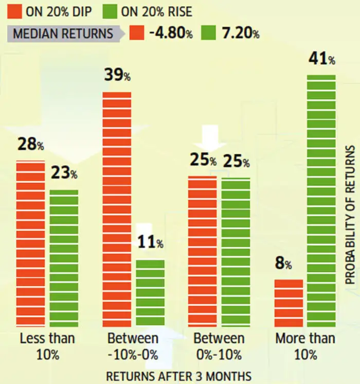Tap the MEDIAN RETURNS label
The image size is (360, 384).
pos(63,34)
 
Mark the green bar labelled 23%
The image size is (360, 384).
pos(64,257)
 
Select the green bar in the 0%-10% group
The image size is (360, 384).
pos(236,252)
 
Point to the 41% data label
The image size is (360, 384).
pos(321,59)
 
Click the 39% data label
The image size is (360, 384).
pos(117,76)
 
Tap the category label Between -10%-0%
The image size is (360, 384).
pos(133,346)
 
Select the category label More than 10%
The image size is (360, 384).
pos(305,346)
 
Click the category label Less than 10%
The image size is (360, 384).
pos(47,346)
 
